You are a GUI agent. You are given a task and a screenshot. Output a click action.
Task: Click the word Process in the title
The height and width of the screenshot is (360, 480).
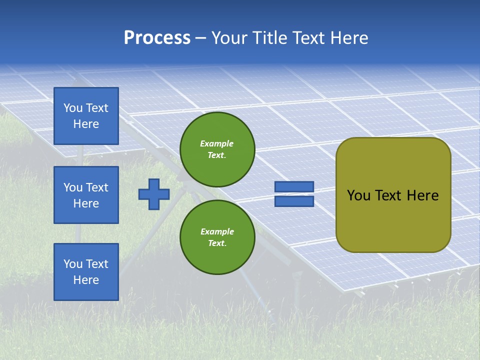[157, 38]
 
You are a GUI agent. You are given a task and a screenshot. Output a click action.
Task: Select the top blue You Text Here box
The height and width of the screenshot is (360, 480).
[86, 116]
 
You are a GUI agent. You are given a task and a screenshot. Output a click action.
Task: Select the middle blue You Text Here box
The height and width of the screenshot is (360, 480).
[86, 195]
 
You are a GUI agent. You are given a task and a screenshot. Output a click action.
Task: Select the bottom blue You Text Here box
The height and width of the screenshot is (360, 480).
[86, 271]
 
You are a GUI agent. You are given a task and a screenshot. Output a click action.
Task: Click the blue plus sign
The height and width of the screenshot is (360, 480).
[154, 194]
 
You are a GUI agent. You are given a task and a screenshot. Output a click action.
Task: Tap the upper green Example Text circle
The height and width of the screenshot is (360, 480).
[217, 149]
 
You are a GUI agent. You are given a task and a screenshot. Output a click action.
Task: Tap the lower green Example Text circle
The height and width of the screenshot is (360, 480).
[217, 237]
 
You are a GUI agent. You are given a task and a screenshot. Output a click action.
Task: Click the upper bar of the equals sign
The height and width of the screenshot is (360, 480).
[294, 187]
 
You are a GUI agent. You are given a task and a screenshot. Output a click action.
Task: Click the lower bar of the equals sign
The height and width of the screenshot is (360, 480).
[294, 201]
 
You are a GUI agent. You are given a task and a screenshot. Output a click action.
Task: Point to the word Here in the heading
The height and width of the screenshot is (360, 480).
[348, 38]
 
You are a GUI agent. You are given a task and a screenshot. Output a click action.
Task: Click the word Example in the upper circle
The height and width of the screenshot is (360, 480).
[217, 143]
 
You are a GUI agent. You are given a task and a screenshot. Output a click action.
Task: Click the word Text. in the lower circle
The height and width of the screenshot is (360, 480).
[217, 243]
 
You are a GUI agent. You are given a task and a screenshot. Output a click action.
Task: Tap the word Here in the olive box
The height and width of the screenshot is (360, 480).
[422, 195]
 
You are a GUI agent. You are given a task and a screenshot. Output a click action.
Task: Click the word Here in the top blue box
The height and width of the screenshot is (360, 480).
[86, 124]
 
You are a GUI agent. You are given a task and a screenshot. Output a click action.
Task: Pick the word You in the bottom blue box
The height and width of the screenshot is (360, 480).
[73, 264]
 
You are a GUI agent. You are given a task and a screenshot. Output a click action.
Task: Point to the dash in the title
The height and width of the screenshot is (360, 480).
[201, 38]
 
